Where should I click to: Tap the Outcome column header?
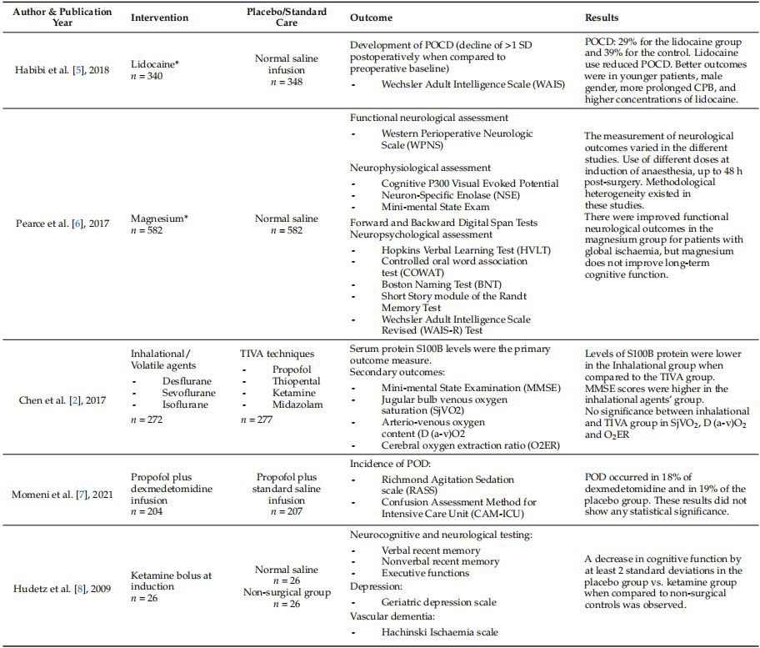click(371, 18)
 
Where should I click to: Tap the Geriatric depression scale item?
click(438, 601)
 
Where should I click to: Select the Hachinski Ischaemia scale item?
click(440, 631)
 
